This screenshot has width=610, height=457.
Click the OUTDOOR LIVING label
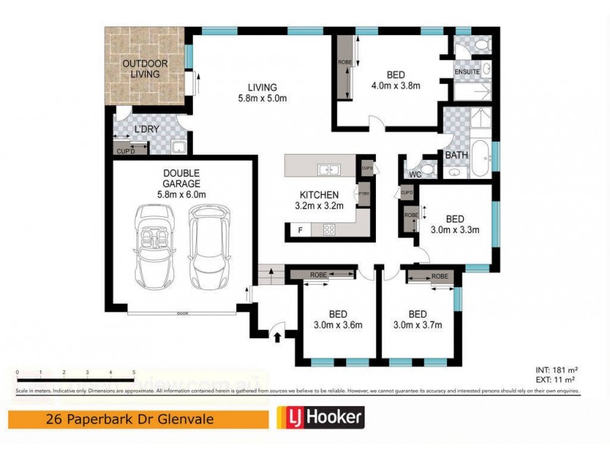click(x=144, y=68)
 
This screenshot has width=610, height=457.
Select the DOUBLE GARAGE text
click(x=181, y=178)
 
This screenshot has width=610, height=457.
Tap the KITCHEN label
click(x=319, y=195)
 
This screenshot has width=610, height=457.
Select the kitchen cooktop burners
click(x=331, y=228)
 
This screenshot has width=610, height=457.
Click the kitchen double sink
click(x=329, y=168)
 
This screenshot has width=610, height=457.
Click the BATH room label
click(x=456, y=155)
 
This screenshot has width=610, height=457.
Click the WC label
click(x=415, y=174)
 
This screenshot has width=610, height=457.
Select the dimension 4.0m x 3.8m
click(x=396, y=85)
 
